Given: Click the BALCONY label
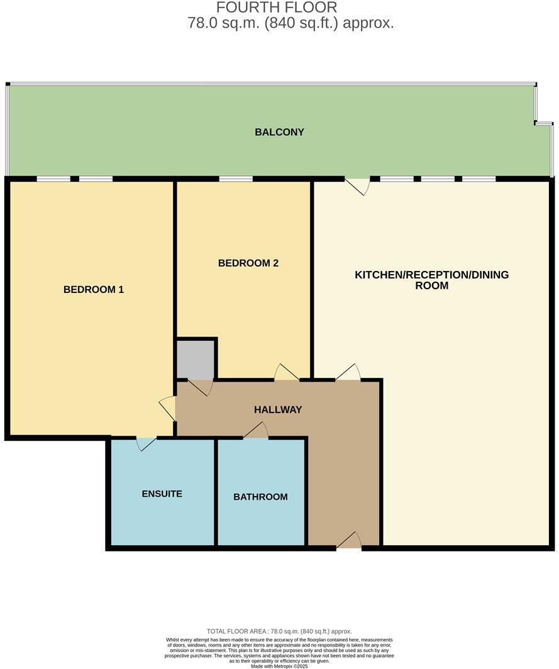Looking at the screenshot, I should tap(279, 132).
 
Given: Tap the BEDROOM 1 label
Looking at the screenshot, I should tap(94, 289).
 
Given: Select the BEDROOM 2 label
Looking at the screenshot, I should tap(248, 263).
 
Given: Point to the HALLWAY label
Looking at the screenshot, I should tap(278, 409).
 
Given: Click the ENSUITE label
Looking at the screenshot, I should tap(162, 494).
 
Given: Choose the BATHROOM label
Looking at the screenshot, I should tap(260, 497).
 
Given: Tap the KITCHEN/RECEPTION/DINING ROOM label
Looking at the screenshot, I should tap(431, 280).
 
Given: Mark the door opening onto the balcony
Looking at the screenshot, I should tap(357, 185).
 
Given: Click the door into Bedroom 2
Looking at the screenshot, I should tap(286, 373).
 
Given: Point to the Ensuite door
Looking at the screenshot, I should tap(145, 443).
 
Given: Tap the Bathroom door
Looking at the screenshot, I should tap(256, 431).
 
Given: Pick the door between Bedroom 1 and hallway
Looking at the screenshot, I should tap(169, 408).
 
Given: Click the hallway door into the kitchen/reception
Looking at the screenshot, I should tap(348, 373).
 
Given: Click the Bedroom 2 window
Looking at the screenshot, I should tap(236, 179).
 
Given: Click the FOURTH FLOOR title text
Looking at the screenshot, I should tap(277, 8).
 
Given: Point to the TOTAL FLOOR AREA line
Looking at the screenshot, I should tap(279, 631).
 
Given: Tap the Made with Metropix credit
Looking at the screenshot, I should tap(279, 666).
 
